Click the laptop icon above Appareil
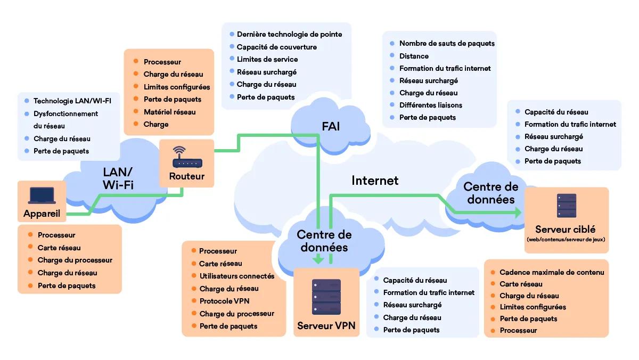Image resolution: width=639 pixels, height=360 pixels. click(x=42, y=195)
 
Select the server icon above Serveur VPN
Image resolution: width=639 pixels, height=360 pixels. click(x=326, y=297)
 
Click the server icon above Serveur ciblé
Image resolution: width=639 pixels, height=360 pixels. click(x=566, y=206)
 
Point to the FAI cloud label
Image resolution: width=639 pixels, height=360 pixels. click(x=331, y=126)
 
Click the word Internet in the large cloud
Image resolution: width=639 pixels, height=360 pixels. click(x=375, y=181)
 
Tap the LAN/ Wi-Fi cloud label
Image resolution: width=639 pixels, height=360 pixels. click(x=118, y=178)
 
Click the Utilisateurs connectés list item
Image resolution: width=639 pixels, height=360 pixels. click(x=237, y=276)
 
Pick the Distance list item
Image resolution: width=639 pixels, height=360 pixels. click(x=414, y=56)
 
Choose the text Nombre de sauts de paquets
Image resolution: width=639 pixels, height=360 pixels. click(x=447, y=43)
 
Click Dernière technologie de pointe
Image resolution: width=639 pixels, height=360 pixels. click(x=289, y=34)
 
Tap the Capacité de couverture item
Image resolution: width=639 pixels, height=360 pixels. click(x=276, y=47)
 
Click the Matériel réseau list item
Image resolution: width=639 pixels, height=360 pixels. click(x=169, y=112)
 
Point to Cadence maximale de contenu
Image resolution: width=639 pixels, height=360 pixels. click(x=552, y=272)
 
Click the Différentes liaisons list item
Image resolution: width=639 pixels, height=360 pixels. click(x=430, y=105)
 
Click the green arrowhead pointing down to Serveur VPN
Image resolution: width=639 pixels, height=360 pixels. click(x=318, y=260)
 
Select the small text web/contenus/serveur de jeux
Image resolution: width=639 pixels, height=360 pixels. click(x=566, y=240)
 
